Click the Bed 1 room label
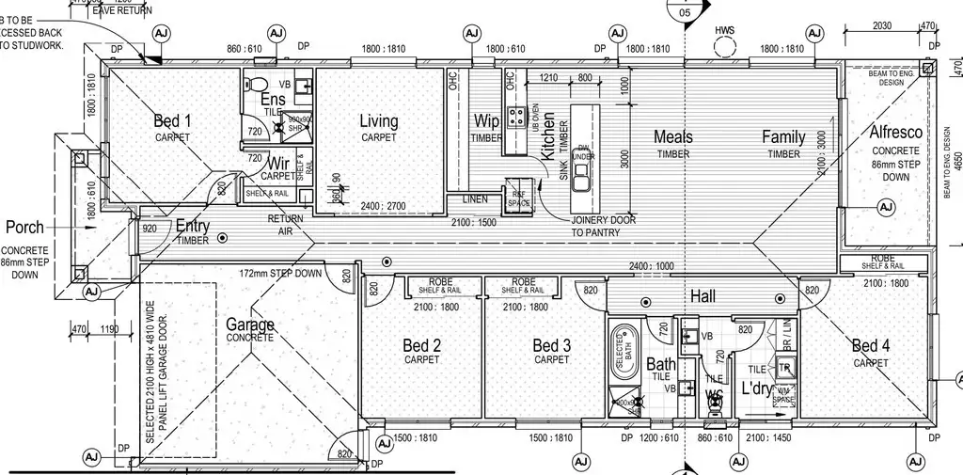[x=172, y=121]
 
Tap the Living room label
[x=379, y=121]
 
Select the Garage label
[x=250, y=325]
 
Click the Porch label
[x=24, y=228]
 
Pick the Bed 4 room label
[x=870, y=346]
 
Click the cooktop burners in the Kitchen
[x=516, y=118]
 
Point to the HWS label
[x=724, y=30]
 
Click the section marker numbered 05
[x=684, y=10]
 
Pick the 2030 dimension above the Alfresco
[x=882, y=26]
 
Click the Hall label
[x=703, y=297]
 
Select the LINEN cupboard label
[x=475, y=199]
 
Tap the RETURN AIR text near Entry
[x=285, y=224]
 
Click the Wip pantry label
[x=486, y=121]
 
